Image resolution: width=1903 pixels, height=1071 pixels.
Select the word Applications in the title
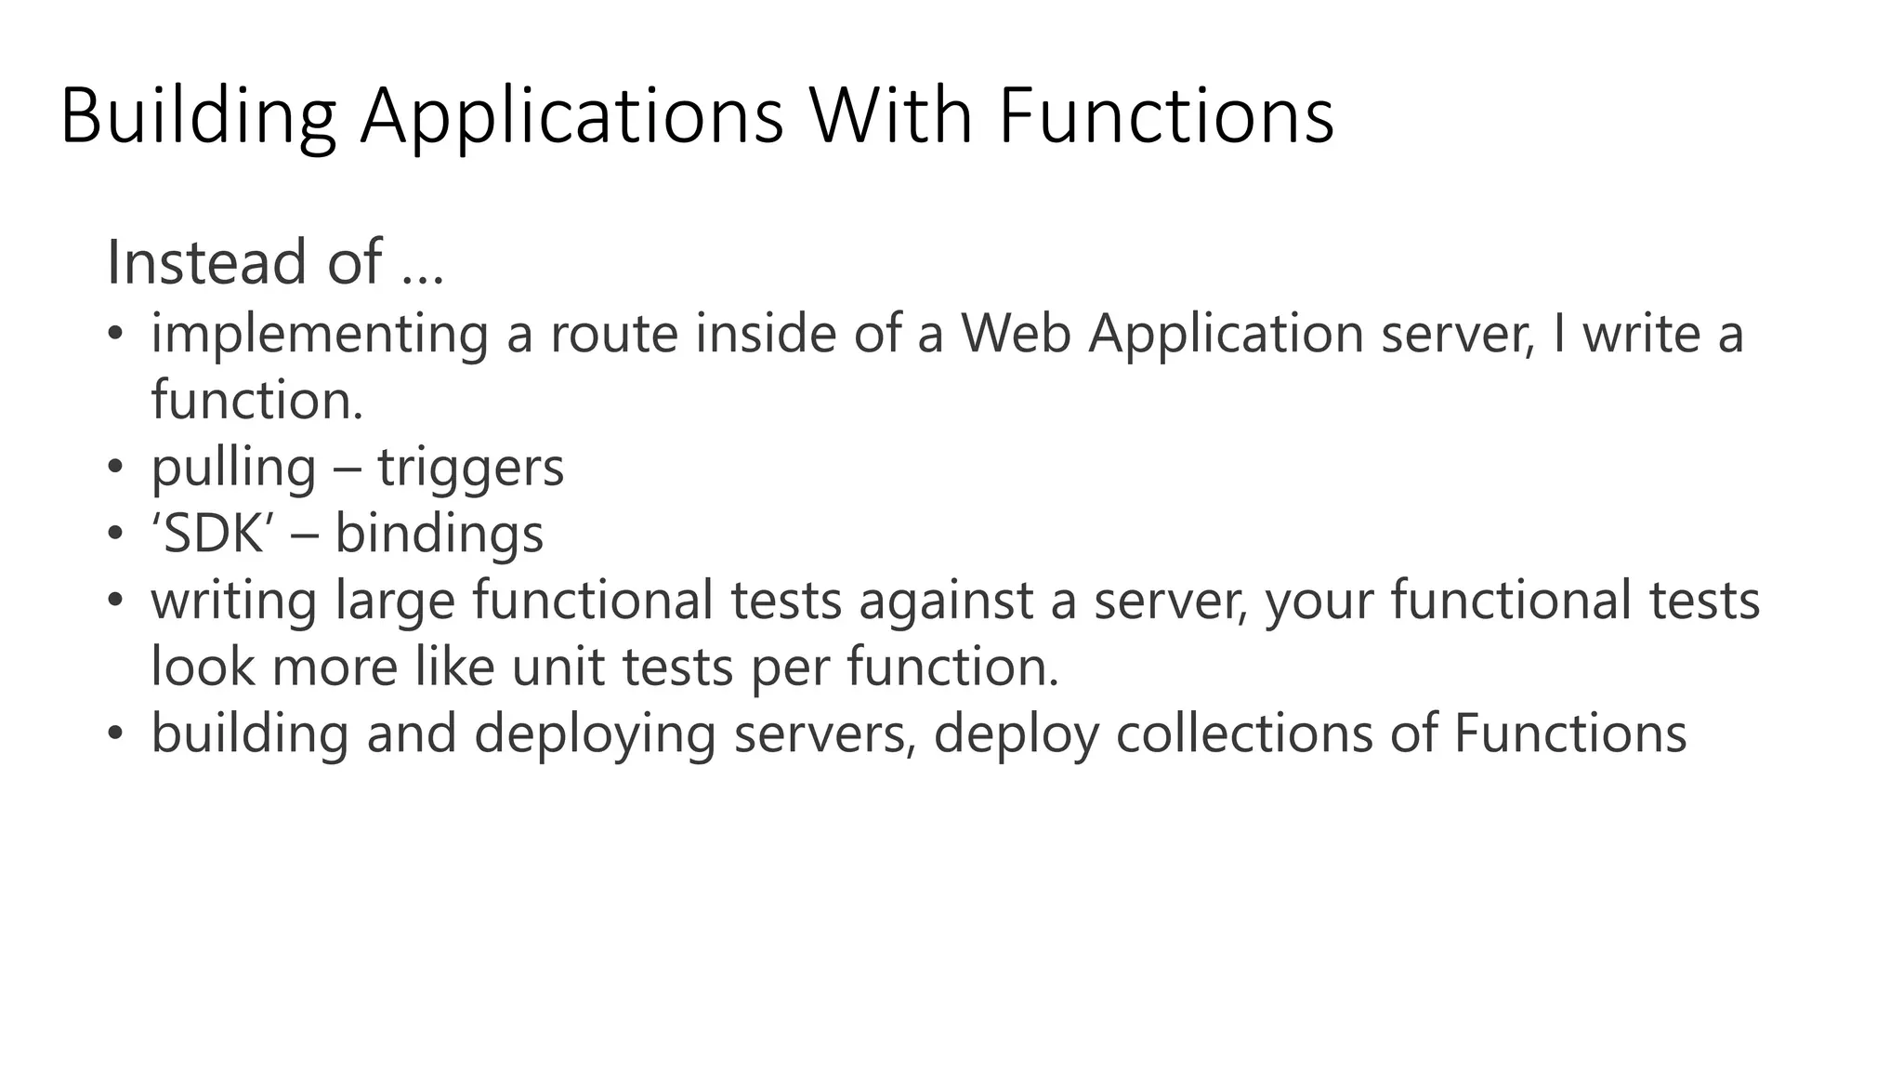571,118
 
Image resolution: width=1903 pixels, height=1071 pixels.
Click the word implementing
320,335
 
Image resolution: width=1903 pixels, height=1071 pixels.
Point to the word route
614,334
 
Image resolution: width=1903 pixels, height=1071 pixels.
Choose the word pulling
233,468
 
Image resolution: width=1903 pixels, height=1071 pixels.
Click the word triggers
470,468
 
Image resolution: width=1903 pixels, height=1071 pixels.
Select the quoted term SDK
213,534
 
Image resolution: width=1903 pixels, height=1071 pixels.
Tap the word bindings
439,535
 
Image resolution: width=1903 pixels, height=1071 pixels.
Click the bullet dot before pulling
114,467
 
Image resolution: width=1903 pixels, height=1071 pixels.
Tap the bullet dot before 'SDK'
114,534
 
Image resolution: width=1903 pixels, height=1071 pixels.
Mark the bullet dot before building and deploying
114,734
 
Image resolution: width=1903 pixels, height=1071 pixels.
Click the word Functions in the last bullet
1569,733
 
